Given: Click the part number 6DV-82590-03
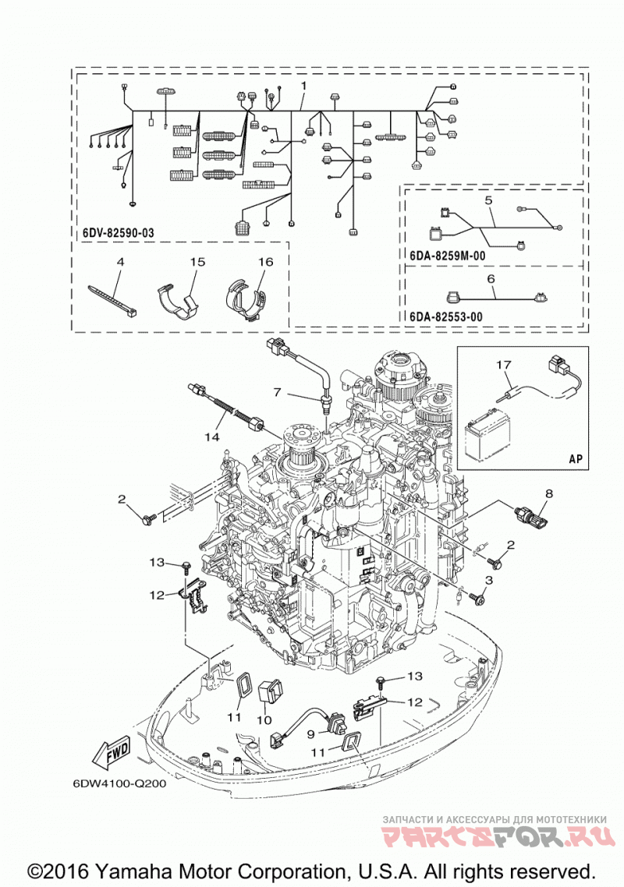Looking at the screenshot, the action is click(x=118, y=232).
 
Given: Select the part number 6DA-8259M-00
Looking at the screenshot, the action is click(x=448, y=256).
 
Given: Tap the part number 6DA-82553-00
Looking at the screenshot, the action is click(x=446, y=316).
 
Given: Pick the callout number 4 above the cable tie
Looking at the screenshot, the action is click(x=120, y=262).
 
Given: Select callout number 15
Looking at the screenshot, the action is click(x=197, y=262).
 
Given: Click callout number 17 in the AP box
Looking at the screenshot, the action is click(x=504, y=364).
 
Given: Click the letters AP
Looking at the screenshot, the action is click(x=576, y=458).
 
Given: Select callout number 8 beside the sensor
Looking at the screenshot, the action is click(x=548, y=493).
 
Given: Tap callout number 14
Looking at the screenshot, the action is click(x=212, y=436).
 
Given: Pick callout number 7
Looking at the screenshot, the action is click(x=277, y=391).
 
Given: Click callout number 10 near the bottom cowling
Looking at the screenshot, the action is click(x=264, y=720).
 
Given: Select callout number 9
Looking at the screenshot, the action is click(x=311, y=733).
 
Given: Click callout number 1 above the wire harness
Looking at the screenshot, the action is click(x=303, y=86).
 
